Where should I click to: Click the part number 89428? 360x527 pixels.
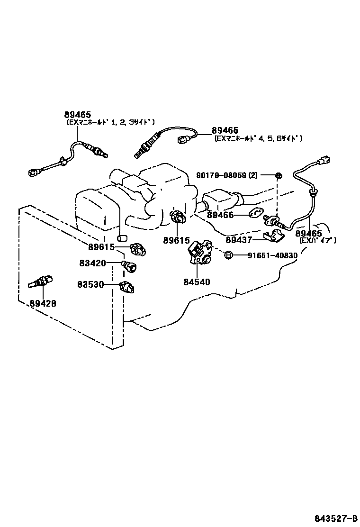[43, 303]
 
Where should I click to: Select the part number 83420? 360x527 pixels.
[92, 263]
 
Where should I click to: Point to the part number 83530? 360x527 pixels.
[91, 284]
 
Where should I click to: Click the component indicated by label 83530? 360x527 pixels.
[127, 286]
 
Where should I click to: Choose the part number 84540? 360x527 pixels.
[197, 282]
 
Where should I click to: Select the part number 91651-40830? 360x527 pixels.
[272, 255]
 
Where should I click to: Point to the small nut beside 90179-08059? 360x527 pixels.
[279, 176]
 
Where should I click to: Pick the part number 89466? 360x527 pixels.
[221, 215]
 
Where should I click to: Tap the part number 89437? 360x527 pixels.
[239, 240]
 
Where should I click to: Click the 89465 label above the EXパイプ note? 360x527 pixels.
[309, 234]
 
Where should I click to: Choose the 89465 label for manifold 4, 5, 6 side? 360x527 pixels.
[225, 130]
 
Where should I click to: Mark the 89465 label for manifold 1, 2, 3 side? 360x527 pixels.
[77, 115]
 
